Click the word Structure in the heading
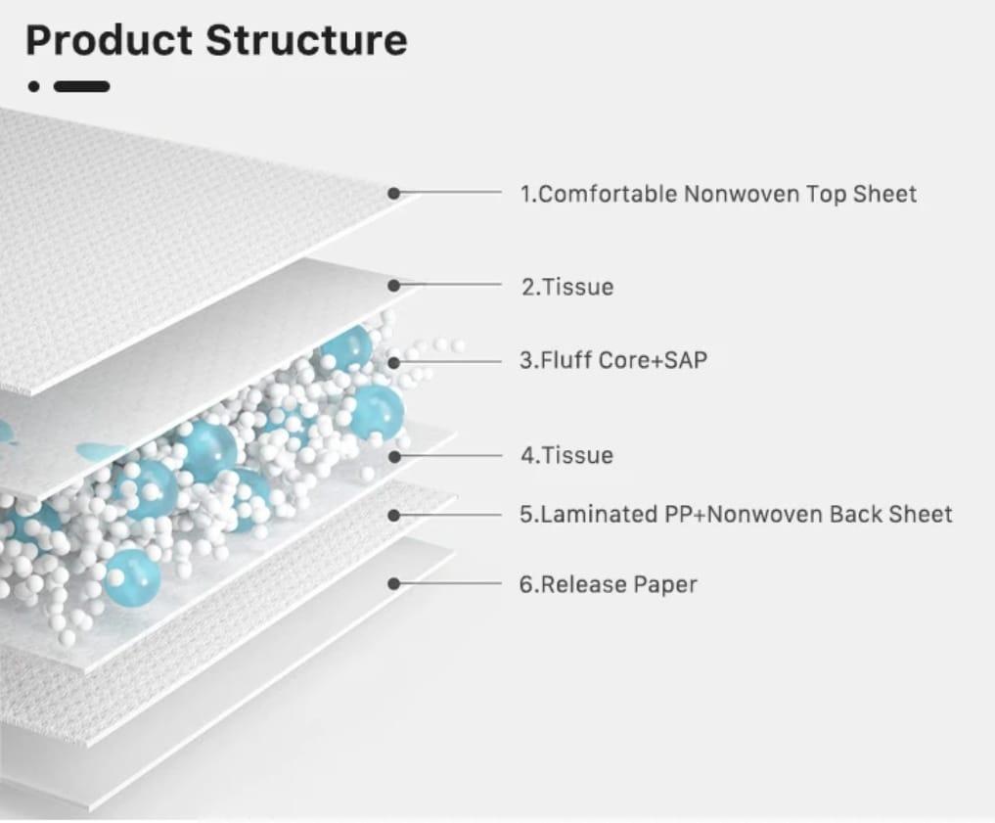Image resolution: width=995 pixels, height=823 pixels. tap(306, 41)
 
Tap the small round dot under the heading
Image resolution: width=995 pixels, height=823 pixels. tap(34, 86)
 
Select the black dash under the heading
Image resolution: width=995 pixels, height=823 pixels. tap(81, 86)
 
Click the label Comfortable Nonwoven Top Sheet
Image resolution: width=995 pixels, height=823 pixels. tap(718, 194)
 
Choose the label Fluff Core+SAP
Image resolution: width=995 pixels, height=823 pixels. tap(612, 360)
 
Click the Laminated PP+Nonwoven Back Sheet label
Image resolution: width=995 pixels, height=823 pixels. tap(736, 514)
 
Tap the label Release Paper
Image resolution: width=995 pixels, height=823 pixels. tap(608, 584)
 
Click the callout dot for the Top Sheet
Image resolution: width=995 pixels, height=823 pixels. tap(393, 194)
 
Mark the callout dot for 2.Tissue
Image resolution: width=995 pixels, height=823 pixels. tap(393, 286)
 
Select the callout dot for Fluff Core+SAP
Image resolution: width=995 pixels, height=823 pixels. tap(393, 361)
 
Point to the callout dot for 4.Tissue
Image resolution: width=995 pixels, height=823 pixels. tap(393, 456)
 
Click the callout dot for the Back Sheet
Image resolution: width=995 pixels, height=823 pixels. tap(393, 514)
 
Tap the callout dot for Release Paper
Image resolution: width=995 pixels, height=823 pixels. tap(393, 584)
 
